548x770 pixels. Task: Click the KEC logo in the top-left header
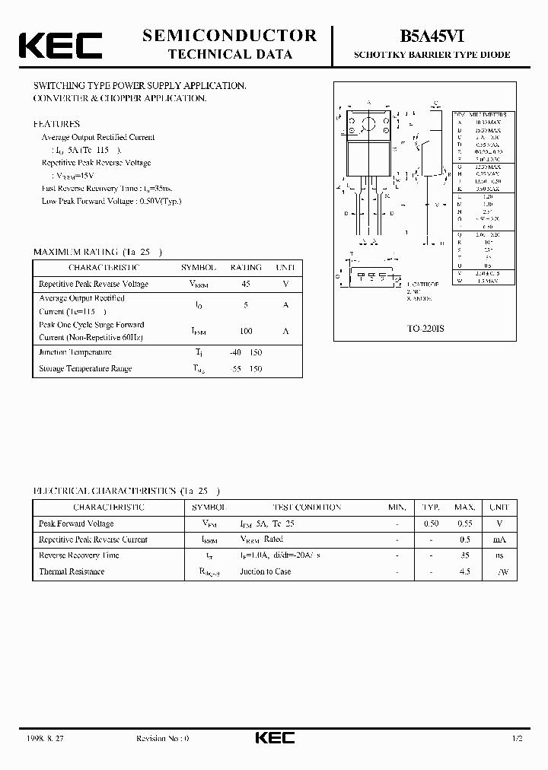click(x=60, y=46)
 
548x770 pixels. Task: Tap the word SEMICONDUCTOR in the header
click(x=229, y=35)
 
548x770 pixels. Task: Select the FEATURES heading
click(x=56, y=123)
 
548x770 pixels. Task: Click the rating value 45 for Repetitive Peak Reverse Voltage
click(x=245, y=284)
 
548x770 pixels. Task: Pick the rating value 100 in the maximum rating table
click(x=245, y=331)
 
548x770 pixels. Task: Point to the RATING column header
click(x=245, y=268)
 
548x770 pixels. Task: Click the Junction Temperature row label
click(x=75, y=352)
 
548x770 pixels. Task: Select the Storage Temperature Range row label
click(x=85, y=369)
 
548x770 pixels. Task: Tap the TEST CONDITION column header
click(x=307, y=508)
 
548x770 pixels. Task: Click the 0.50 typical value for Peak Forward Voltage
click(x=431, y=523)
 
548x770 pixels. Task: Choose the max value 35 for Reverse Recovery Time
click(x=465, y=555)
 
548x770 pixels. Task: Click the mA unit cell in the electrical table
click(x=499, y=539)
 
